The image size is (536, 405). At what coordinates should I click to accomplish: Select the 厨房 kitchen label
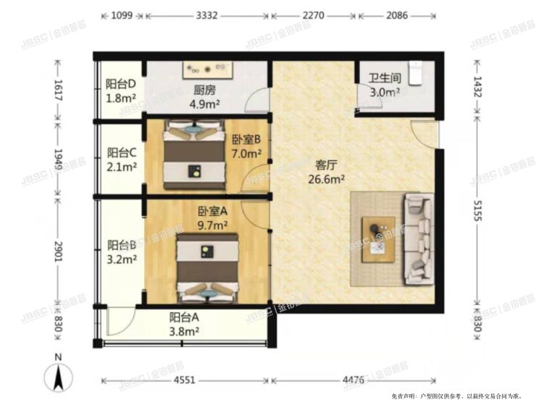point(204,91)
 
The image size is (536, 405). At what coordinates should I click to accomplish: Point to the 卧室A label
point(213,212)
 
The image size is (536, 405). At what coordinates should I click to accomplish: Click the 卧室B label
point(246,140)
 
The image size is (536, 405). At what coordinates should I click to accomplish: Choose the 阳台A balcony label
point(184,317)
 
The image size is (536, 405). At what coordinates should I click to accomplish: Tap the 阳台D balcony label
point(120,84)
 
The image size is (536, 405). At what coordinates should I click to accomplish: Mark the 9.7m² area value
point(213,225)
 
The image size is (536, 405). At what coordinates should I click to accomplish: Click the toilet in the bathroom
point(416,72)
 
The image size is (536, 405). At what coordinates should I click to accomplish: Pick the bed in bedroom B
point(193,155)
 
